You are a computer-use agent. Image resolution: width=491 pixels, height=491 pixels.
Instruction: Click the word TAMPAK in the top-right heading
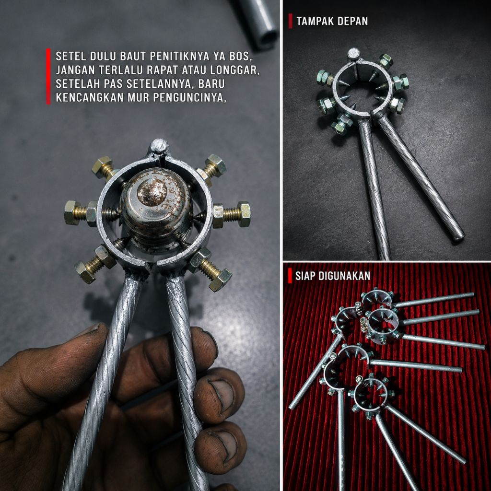click(316, 21)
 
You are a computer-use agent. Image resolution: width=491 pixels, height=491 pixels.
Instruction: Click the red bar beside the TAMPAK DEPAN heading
click(290, 21)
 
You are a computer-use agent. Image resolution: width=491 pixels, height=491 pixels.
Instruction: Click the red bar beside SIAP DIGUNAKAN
click(290, 276)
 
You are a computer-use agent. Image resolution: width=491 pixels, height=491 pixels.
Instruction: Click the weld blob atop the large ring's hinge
click(159, 147)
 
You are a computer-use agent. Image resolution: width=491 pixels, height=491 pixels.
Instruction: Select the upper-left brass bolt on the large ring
click(104, 168)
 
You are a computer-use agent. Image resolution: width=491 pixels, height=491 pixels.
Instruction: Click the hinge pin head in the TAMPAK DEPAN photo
click(354, 54)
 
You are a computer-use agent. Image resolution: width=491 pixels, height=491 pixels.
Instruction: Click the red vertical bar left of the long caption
click(48, 76)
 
